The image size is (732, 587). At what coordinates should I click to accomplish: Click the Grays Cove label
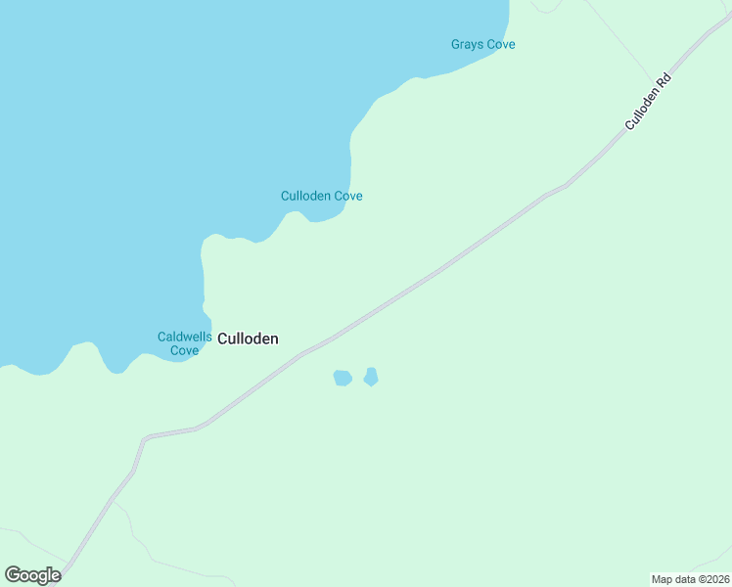(482, 45)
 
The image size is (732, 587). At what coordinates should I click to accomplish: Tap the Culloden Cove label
(321, 196)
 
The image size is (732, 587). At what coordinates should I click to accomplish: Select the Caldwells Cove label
(184, 343)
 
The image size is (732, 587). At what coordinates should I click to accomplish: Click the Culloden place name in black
(248, 339)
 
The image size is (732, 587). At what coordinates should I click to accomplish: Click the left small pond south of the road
(343, 378)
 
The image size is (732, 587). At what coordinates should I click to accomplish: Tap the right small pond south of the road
(371, 377)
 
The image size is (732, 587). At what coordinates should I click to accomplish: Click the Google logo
(32, 575)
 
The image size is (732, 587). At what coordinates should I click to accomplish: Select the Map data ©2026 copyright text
(690, 579)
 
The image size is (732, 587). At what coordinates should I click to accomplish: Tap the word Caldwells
(184, 338)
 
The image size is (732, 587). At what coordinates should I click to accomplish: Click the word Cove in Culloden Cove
(348, 196)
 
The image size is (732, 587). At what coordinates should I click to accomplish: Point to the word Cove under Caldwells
(184, 350)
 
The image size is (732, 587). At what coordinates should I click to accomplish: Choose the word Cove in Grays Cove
(500, 45)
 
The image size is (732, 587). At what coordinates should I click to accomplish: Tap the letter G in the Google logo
(13, 575)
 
